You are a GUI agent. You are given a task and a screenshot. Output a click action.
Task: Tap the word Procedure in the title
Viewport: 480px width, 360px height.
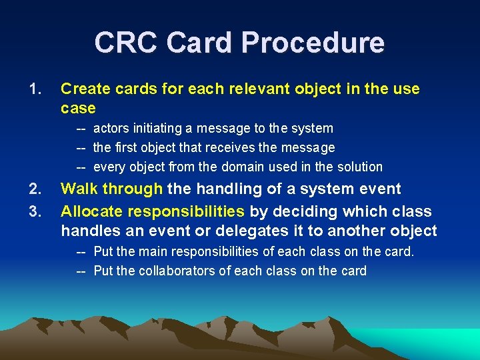(313, 43)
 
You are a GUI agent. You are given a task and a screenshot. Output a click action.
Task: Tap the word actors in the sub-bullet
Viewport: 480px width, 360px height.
(111, 128)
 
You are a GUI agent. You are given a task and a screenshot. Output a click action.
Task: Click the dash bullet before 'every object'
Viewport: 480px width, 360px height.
(82, 167)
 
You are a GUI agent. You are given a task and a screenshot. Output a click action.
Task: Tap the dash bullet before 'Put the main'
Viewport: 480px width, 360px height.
(82, 251)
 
